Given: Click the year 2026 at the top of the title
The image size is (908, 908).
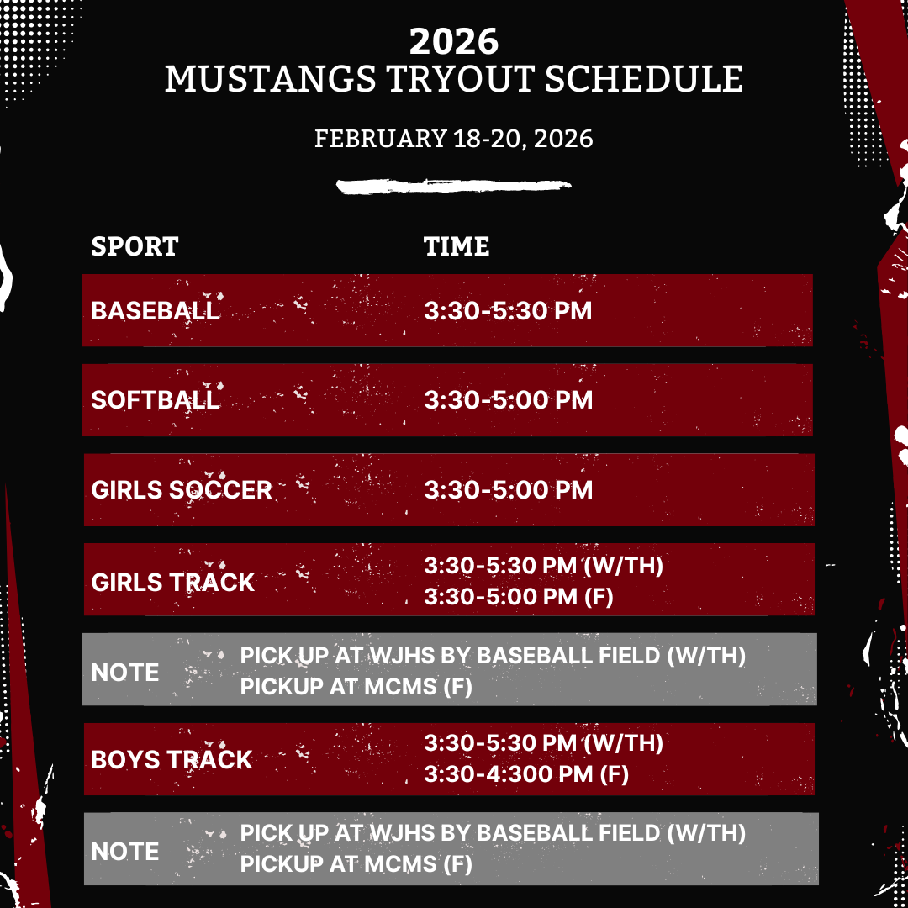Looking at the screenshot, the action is pyautogui.click(x=453, y=42).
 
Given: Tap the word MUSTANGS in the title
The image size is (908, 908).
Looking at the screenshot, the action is pyautogui.click(x=271, y=79).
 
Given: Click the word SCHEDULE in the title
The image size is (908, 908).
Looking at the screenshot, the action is pyautogui.click(x=644, y=79).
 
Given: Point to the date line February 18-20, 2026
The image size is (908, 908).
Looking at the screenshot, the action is pyautogui.click(x=453, y=139).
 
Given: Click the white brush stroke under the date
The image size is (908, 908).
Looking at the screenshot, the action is pyautogui.click(x=453, y=186).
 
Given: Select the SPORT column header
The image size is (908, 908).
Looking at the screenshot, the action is pyautogui.click(x=135, y=246).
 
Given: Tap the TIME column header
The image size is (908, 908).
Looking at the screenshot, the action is pyautogui.click(x=457, y=246).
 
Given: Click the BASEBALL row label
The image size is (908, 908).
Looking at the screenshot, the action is pyautogui.click(x=156, y=311).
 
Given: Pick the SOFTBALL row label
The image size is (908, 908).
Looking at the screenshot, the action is pyautogui.click(x=156, y=400).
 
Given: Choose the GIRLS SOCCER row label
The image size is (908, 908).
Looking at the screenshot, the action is pyautogui.click(x=182, y=490).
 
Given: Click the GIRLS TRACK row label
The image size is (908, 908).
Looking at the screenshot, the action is pyautogui.click(x=172, y=583).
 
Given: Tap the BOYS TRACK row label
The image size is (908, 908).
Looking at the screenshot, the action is pyautogui.click(x=172, y=760).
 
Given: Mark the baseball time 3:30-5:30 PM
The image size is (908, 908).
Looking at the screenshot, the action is pyautogui.click(x=508, y=311).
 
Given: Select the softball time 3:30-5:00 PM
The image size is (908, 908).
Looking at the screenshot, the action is pyautogui.click(x=509, y=400).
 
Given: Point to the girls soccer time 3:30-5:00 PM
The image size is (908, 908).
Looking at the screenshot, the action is pyautogui.click(x=509, y=490).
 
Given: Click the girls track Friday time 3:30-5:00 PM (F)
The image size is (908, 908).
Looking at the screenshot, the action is pyautogui.click(x=518, y=597).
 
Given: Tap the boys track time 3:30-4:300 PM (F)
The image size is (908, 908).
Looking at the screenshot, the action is pyautogui.click(x=526, y=774).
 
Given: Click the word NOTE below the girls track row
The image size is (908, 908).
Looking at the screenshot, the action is pyautogui.click(x=125, y=673).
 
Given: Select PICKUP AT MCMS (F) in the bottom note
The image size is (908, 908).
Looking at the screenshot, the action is pyautogui.click(x=356, y=864).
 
